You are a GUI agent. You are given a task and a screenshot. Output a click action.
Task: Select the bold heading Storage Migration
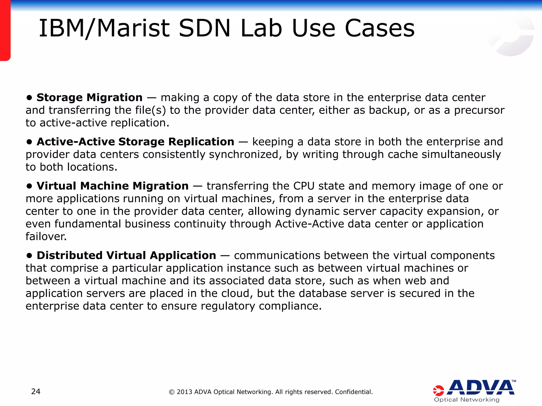tap(89, 98)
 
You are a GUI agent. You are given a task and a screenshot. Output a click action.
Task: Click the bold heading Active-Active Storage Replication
tap(135, 142)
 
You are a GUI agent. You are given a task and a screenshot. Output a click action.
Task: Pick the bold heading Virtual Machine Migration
tap(112, 186)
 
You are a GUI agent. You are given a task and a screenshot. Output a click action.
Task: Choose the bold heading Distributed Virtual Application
tap(126, 255)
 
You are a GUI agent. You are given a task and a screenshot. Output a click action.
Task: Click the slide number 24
tap(36, 391)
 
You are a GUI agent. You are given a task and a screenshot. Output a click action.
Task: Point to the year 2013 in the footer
tap(184, 392)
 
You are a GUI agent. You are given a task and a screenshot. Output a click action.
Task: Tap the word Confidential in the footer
tap(354, 392)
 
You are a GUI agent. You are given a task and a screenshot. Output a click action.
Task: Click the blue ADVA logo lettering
tap(481, 387)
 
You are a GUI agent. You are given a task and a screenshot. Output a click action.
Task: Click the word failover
tap(46, 236)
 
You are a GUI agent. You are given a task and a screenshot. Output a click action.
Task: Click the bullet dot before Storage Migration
tap(29, 98)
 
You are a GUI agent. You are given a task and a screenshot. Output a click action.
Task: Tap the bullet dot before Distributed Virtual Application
tap(29, 256)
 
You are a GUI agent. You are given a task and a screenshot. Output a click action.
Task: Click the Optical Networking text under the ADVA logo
tap(467, 400)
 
